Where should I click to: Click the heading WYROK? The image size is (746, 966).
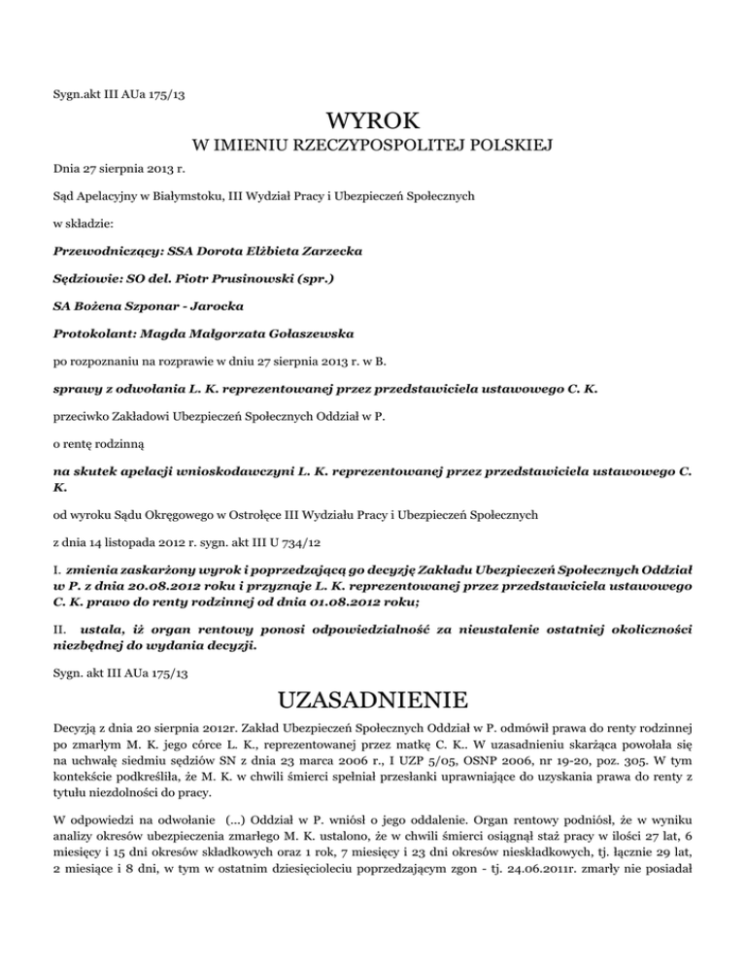(x=372, y=124)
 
